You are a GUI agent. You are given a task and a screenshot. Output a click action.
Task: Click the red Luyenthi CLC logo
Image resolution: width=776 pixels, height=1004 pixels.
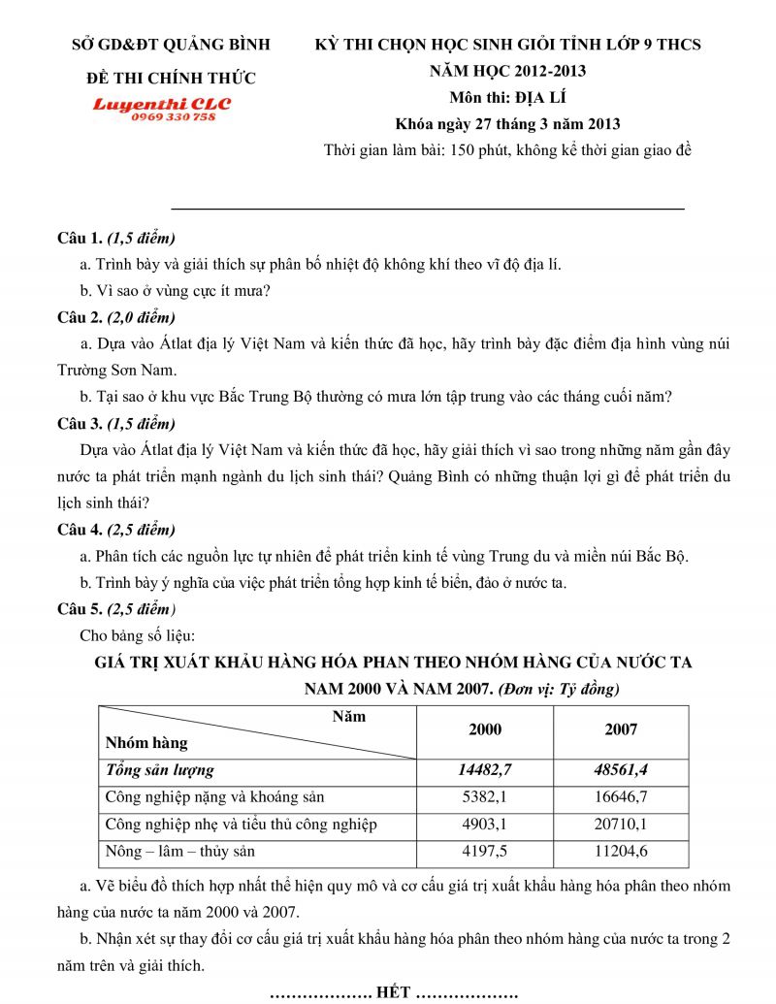click(162, 103)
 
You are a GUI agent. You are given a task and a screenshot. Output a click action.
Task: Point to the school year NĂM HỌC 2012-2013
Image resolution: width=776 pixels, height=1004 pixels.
click(508, 71)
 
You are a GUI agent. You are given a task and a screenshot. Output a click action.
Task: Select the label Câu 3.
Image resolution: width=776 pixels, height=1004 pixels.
click(80, 424)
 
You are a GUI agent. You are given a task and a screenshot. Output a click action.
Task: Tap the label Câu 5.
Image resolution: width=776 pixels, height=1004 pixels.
click(80, 609)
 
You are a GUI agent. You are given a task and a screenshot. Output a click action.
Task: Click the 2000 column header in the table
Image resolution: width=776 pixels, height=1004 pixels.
click(485, 729)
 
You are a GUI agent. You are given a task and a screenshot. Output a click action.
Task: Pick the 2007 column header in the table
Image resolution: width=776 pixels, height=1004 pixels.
click(621, 729)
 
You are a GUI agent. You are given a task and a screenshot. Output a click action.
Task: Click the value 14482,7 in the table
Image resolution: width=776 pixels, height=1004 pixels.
click(485, 770)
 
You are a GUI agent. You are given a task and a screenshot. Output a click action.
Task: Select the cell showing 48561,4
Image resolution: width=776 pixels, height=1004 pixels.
click(621, 770)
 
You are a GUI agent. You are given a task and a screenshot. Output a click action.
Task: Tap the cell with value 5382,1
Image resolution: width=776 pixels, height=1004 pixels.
click(485, 797)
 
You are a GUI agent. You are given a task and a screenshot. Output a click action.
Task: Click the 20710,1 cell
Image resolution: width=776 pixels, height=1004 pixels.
click(621, 825)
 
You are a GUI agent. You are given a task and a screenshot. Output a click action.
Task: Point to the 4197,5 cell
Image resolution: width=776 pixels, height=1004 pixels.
click(485, 852)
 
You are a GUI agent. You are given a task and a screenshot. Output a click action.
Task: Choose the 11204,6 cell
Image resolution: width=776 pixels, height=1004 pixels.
click(621, 852)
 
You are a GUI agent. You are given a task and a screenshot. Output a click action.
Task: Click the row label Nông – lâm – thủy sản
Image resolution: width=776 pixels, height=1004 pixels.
click(179, 852)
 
